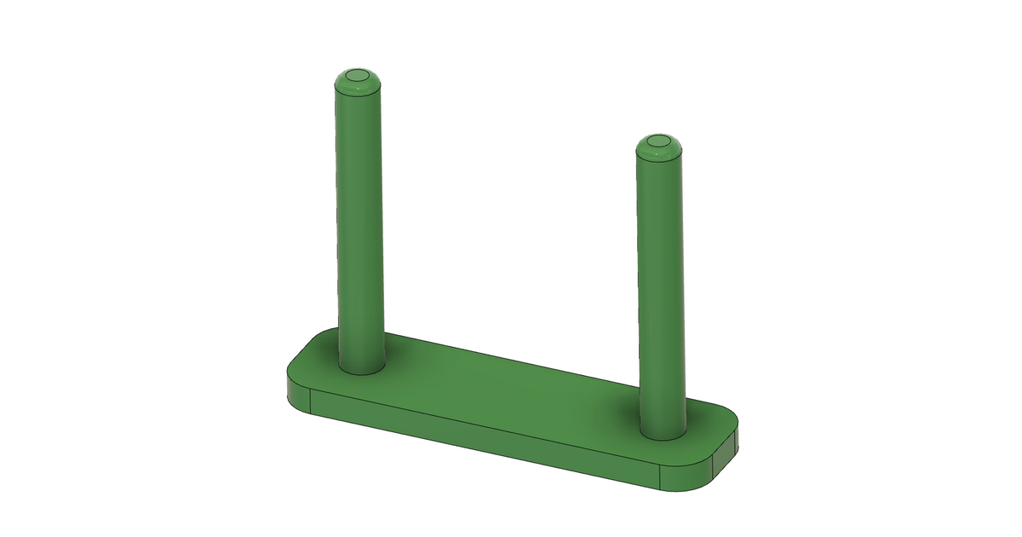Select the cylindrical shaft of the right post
tap(661, 281)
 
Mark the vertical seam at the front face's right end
tap(663, 478)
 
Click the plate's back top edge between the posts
tap(511, 362)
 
